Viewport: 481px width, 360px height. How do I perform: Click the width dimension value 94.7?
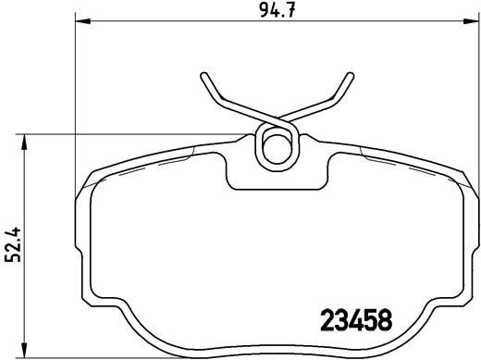[x=277, y=11]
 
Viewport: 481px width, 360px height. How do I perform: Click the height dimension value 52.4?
[x=13, y=244]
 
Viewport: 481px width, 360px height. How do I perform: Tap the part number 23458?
[x=356, y=320]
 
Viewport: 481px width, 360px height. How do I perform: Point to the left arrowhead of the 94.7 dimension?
[x=82, y=21]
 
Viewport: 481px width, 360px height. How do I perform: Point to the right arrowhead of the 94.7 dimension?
[x=472, y=21]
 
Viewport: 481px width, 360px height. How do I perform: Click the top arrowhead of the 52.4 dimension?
[x=24, y=142]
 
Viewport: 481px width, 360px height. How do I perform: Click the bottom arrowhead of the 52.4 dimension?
[x=24, y=351]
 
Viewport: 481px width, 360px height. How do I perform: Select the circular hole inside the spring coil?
[x=277, y=146]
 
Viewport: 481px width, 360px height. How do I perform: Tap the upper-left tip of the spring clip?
[x=204, y=76]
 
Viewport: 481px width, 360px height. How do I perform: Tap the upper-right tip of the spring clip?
[x=350, y=76]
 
